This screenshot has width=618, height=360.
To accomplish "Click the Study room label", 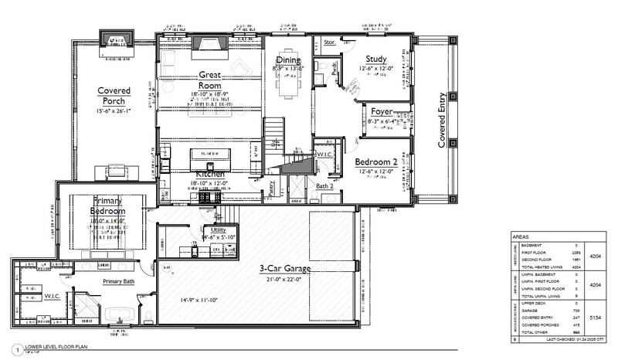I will click(x=376, y=58).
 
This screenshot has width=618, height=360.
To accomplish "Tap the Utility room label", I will click(x=217, y=229).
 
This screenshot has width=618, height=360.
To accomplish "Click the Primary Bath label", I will click(x=118, y=282).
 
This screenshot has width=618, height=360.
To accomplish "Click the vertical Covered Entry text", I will click(x=443, y=119).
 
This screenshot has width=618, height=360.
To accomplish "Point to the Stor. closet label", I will click(x=328, y=42).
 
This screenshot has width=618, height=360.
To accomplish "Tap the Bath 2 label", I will click(x=324, y=186).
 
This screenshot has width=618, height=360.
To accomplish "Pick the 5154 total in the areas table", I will click(x=595, y=317).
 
